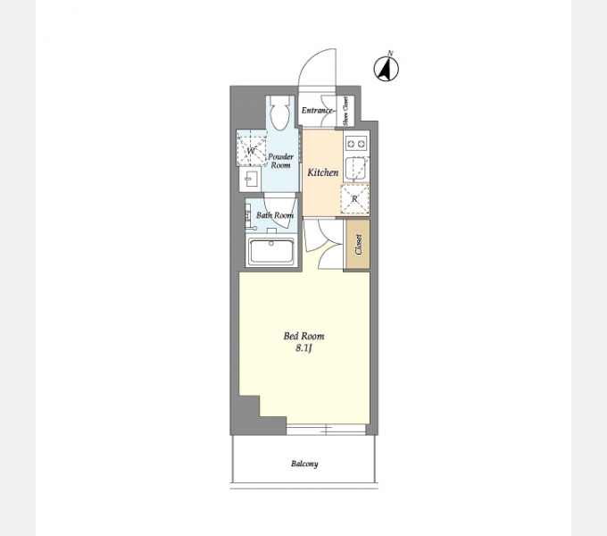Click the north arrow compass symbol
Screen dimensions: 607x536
[x=386, y=69]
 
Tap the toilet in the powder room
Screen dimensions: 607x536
[x=279, y=112]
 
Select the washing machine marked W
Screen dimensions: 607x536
[x=251, y=148]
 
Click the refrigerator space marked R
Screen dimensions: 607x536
[x=354, y=199]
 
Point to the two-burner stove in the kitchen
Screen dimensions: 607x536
[x=356, y=144]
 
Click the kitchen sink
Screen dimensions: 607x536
[x=356, y=169]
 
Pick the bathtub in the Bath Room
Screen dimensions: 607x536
[x=271, y=251]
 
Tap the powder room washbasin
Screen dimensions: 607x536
[x=250, y=180]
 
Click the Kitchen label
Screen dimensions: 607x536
[x=323, y=172]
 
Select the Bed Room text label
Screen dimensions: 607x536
[x=303, y=336]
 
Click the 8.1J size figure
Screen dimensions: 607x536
[x=303, y=348]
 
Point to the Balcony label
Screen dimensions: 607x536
[x=304, y=464]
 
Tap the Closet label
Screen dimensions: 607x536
[x=358, y=245]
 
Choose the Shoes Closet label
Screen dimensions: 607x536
[x=345, y=111]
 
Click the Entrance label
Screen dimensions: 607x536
[x=317, y=111]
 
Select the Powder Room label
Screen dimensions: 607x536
[x=280, y=161]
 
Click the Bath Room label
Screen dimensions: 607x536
[x=275, y=215]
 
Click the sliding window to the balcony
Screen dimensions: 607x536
[x=326, y=429]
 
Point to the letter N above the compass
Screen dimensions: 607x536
[x=391, y=53]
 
